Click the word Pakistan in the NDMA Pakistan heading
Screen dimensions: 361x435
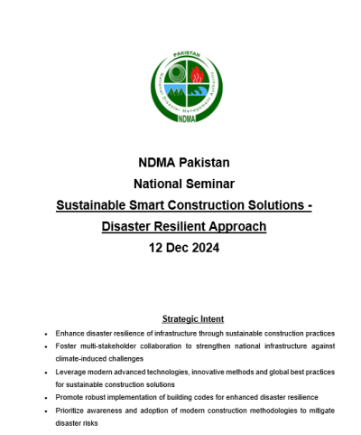[x=204, y=163]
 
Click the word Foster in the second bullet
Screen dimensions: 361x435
[x=67, y=346]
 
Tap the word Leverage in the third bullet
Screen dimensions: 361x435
[x=70, y=372]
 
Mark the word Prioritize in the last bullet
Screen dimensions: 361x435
[x=71, y=411]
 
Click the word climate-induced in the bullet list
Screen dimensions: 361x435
[x=79, y=359]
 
